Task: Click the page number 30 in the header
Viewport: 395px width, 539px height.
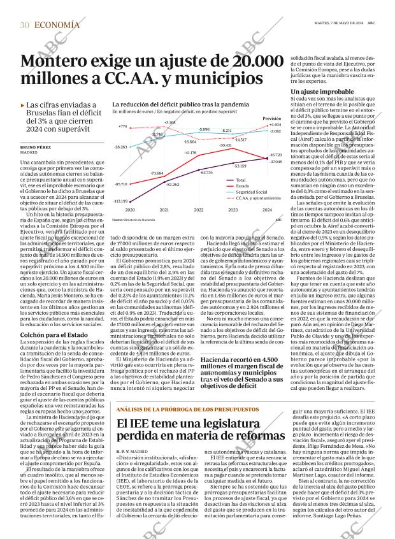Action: pyautogui.click(x=24, y=25)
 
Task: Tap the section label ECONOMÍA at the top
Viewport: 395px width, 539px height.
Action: pyautogui.click(x=57, y=25)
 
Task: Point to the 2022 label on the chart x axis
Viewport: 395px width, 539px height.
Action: pyautogui.click(x=199, y=210)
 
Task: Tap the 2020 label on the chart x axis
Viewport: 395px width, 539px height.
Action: pyautogui.click(x=130, y=210)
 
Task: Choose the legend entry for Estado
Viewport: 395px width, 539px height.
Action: pyautogui.click(x=226, y=186)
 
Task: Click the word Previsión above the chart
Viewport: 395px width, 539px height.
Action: pyautogui.click(x=272, y=119)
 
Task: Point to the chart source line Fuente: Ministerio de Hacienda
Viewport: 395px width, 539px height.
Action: pyautogui.click(x=134, y=220)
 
